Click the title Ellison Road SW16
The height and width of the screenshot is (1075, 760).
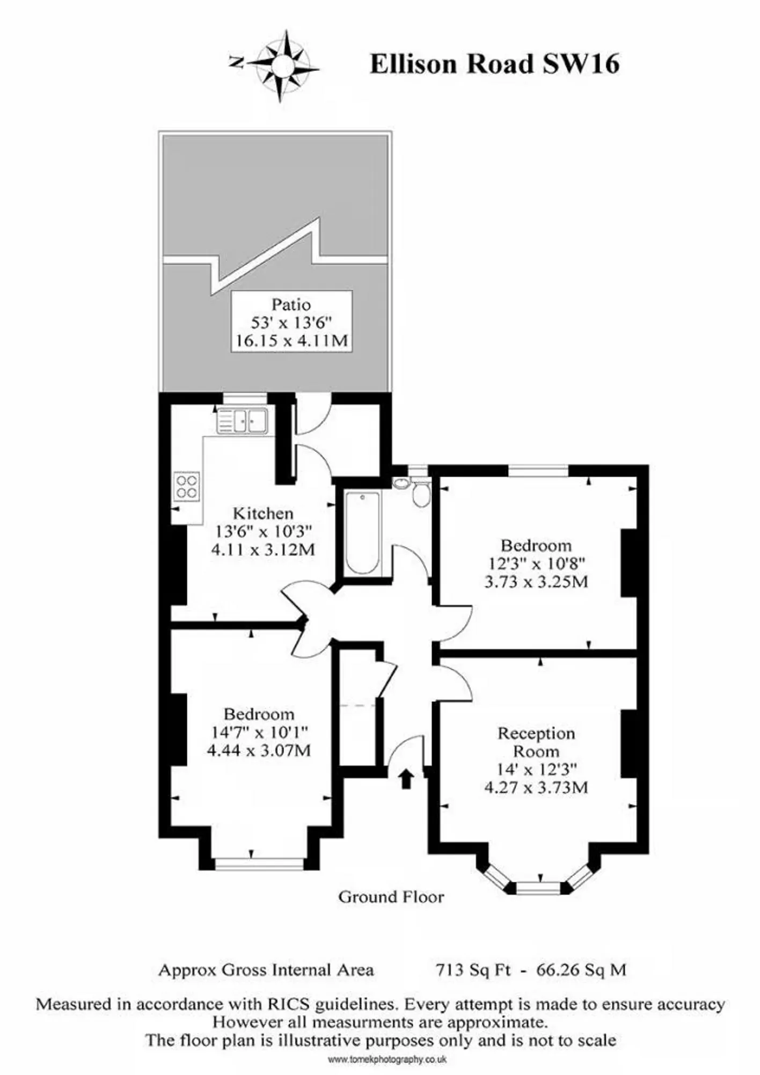pyautogui.click(x=494, y=64)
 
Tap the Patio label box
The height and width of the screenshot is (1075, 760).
pyautogui.click(x=291, y=321)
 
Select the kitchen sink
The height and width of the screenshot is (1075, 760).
pyautogui.click(x=243, y=420)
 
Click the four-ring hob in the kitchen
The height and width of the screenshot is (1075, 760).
pyautogui.click(x=187, y=486)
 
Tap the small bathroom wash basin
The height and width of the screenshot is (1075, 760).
pyautogui.click(x=401, y=483)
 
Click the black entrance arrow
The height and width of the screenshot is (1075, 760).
pyautogui.click(x=406, y=779)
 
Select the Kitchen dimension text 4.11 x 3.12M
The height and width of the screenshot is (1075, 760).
pyautogui.click(x=263, y=550)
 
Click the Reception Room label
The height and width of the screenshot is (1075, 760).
pyautogui.click(x=536, y=742)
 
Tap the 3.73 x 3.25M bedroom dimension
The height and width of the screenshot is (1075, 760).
pyautogui.click(x=536, y=582)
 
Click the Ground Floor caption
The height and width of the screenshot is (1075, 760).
pyautogui.click(x=391, y=897)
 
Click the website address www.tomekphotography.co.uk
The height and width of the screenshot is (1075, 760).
pyautogui.click(x=387, y=1059)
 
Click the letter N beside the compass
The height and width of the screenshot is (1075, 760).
pyautogui.click(x=235, y=62)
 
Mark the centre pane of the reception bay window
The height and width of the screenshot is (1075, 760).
pyautogui.click(x=538, y=888)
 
